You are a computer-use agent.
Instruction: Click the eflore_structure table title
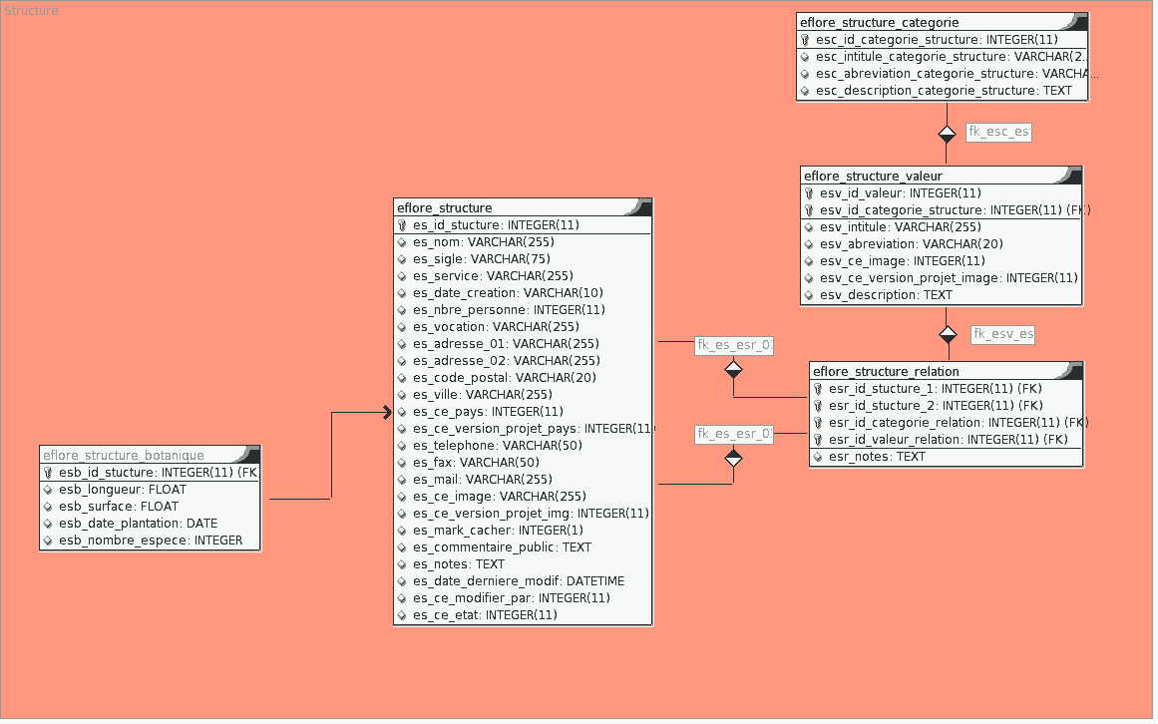click(445, 208)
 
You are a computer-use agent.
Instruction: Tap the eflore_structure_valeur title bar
click(873, 177)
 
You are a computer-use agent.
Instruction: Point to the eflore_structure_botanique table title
click(124, 456)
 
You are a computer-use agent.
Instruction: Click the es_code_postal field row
click(505, 378)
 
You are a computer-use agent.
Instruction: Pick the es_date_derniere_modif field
click(519, 581)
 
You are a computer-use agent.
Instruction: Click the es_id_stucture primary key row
click(496, 225)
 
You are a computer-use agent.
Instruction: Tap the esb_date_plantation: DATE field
click(138, 524)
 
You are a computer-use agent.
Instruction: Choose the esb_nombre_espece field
click(151, 541)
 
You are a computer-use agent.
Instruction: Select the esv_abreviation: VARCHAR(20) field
click(911, 244)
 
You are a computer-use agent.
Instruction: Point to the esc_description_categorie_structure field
click(944, 91)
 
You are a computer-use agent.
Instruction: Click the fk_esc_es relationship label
click(998, 132)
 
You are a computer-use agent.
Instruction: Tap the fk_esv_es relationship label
click(1002, 335)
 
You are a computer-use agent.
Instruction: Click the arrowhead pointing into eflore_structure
click(387, 412)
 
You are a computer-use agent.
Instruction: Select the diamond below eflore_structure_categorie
click(947, 134)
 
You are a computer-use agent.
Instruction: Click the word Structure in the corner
click(32, 11)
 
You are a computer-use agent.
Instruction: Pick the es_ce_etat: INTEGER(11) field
click(485, 615)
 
